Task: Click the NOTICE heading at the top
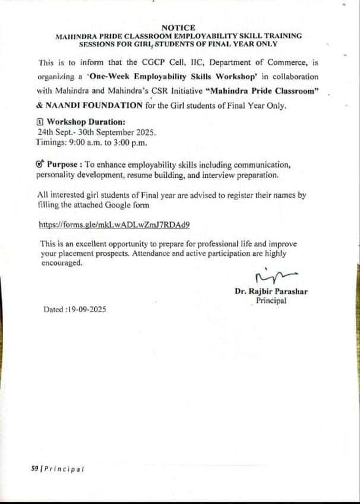coord(178,27)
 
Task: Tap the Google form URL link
coord(114,225)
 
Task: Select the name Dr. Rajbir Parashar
coord(271,291)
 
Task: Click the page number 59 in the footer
coord(35,468)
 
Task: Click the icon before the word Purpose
coord(40,164)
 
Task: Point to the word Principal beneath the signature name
coord(271,300)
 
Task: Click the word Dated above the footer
coord(54,309)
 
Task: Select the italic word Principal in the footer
coord(65,468)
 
